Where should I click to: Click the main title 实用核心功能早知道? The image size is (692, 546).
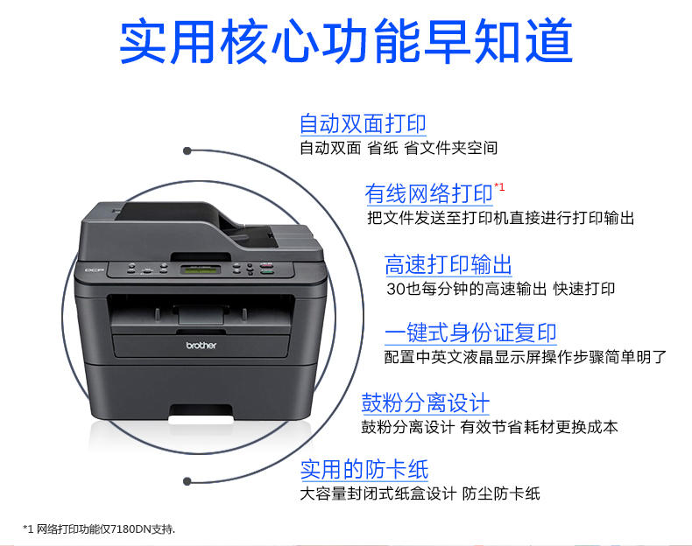click(x=347, y=40)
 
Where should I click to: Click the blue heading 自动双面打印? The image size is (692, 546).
click(x=363, y=123)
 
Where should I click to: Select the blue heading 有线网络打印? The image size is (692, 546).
click(x=428, y=193)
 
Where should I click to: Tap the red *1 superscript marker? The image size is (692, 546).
click(x=499, y=187)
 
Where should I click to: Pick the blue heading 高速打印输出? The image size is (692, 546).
click(x=448, y=264)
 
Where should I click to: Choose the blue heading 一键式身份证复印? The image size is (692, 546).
click(x=470, y=332)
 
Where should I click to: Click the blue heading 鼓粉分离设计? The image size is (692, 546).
click(x=426, y=402)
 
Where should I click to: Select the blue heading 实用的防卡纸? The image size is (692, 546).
click(x=364, y=469)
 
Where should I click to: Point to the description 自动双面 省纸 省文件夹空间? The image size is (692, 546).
click(x=399, y=148)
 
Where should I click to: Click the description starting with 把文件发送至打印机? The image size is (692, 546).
click(x=500, y=218)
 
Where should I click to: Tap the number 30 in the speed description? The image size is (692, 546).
click(x=396, y=289)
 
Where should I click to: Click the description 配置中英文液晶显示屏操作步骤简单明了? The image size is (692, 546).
click(x=526, y=357)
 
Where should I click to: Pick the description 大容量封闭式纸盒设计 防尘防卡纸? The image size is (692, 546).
click(x=420, y=493)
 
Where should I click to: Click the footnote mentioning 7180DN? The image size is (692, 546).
click(x=99, y=528)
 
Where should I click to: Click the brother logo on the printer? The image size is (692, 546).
click(x=201, y=346)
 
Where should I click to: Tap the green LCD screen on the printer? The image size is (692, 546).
click(x=201, y=269)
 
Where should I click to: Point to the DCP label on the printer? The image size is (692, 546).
click(x=94, y=270)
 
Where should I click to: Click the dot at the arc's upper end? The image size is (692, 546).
click(x=187, y=150)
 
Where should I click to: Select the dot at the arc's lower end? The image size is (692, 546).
click(x=187, y=481)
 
